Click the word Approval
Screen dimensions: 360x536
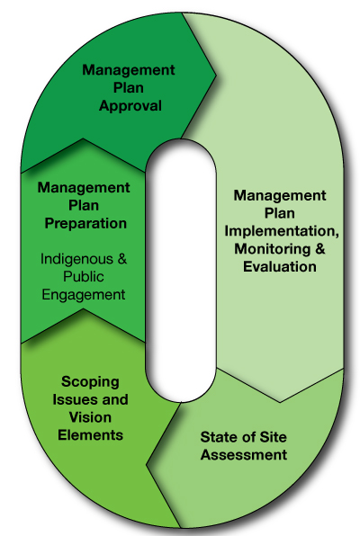coord(130,106)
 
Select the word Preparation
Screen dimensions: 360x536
coord(85,224)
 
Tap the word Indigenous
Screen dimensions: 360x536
coord(76,259)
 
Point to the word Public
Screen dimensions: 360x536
coord(83,277)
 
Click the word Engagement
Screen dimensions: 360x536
coord(84,295)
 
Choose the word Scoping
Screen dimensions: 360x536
coord(90,382)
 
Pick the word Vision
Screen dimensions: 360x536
coord(90,417)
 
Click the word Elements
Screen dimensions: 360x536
coord(90,435)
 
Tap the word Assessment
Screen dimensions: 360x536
coord(244,455)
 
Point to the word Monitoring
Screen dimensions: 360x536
coord(272,248)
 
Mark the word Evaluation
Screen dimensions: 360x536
coord(280,266)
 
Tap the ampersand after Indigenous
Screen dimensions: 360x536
coord(122,259)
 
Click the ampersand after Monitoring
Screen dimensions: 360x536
coord(319,248)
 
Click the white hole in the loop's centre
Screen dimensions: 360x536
coord(181,270)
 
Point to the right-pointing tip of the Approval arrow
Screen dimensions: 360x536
coord(216,75)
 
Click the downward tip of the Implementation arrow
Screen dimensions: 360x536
coord(280,402)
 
